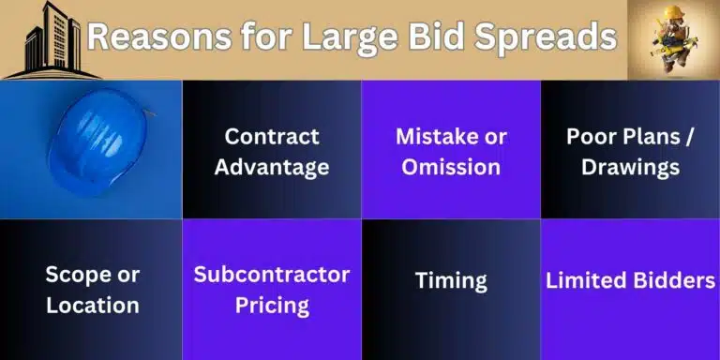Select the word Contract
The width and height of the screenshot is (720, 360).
(x=271, y=136)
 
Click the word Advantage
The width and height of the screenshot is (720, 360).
(x=271, y=168)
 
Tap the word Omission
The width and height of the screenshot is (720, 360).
(x=450, y=168)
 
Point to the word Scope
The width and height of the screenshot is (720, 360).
(x=79, y=275)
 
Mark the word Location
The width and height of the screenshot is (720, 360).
(x=92, y=306)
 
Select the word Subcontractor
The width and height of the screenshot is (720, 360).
(x=272, y=275)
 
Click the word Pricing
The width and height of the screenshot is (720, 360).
(x=272, y=306)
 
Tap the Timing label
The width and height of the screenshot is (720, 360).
(x=450, y=280)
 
